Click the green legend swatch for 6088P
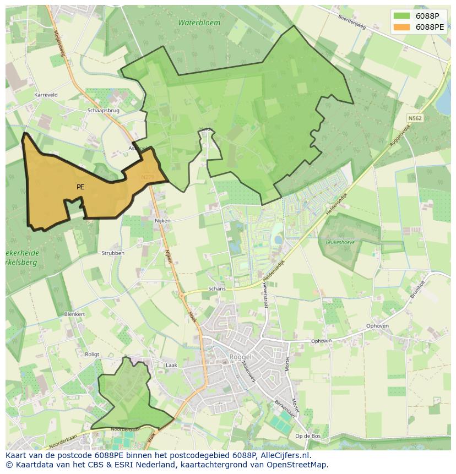(x=402, y=16)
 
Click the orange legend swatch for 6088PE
(x=402, y=27)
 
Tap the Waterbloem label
(x=199, y=23)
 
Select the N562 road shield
(x=415, y=118)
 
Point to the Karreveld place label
(x=46, y=95)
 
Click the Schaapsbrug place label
(x=103, y=110)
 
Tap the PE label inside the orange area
(x=80, y=187)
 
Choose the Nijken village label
(x=163, y=220)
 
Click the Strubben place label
(x=113, y=253)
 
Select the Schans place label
(x=217, y=288)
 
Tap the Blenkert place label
(x=74, y=314)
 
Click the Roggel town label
(x=240, y=357)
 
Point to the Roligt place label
(x=92, y=355)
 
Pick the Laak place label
(x=171, y=364)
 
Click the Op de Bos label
(x=308, y=436)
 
